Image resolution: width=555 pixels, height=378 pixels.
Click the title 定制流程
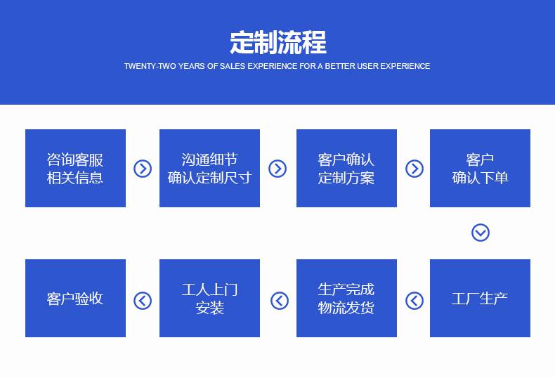(x=278, y=42)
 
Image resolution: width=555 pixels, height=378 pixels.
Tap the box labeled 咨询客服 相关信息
(x=75, y=168)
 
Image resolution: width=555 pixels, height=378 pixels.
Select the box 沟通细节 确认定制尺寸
(x=209, y=168)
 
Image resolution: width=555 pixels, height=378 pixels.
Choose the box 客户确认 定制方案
(x=346, y=168)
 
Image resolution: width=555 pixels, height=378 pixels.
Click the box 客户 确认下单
(x=480, y=168)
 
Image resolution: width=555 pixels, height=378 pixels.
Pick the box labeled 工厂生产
(x=480, y=298)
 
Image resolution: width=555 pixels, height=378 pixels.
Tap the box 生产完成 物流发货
(x=346, y=298)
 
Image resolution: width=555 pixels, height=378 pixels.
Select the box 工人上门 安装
(x=209, y=298)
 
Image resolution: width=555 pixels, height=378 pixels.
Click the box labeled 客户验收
(x=75, y=298)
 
